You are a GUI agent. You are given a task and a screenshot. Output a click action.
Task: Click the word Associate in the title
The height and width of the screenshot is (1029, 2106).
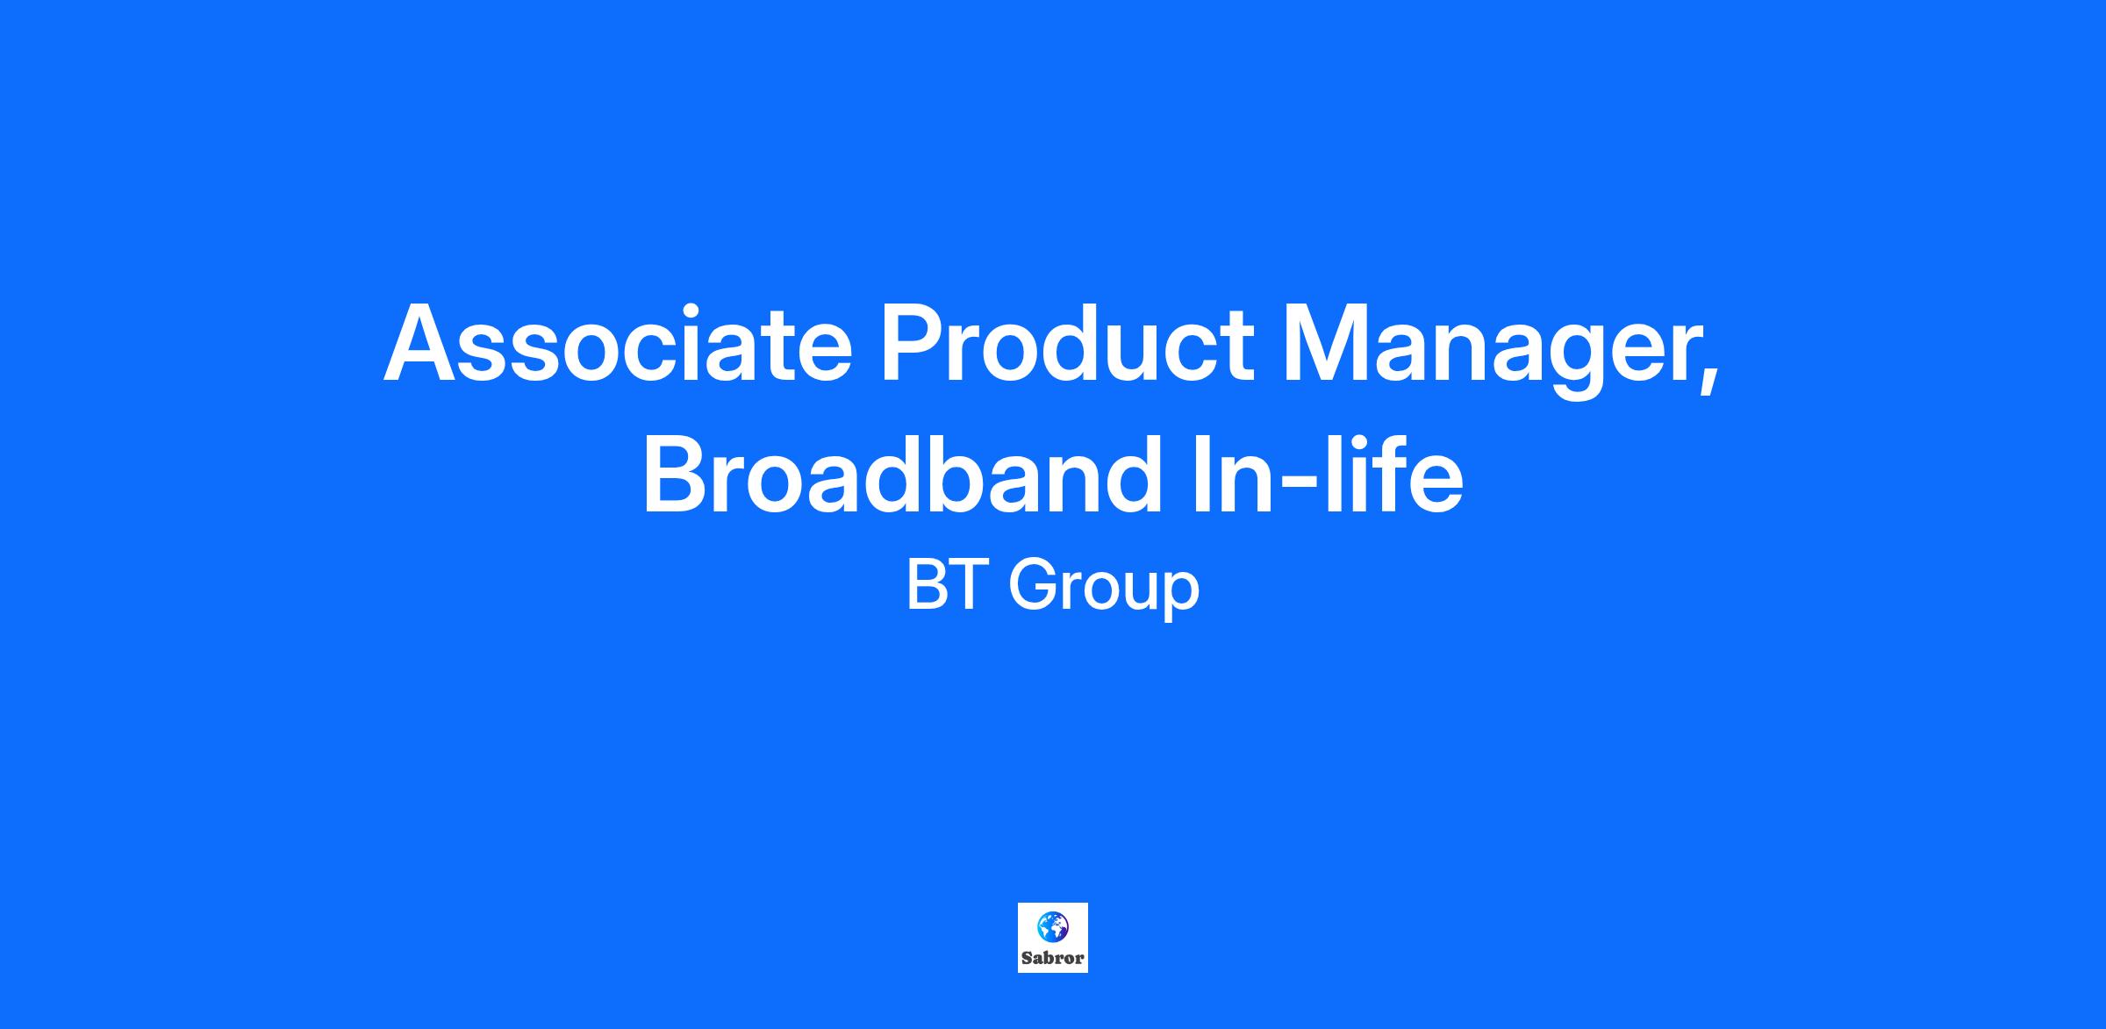tap(618, 343)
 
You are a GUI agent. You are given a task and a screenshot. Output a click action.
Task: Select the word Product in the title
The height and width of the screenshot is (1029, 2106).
tap(1067, 343)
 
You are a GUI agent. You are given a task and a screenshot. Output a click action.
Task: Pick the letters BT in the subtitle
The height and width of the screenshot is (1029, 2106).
tap(943, 585)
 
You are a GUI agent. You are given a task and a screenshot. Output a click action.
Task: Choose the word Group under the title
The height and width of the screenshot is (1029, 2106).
tap(1104, 591)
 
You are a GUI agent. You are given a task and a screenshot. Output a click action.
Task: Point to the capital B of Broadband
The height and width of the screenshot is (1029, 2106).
tap(677, 475)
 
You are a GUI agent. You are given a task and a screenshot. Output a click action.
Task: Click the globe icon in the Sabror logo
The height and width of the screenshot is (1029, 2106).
tap(1052, 925)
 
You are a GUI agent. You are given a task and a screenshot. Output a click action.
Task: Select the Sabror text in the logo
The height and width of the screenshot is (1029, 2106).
tap(1053, 958)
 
